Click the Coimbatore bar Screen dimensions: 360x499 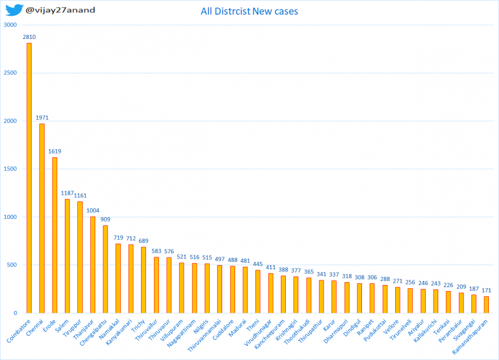point(29,178)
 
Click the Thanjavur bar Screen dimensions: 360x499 point(92,265)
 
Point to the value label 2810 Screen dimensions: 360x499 point(29,37)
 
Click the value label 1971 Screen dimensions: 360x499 point(42,118)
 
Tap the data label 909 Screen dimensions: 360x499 point(105,219)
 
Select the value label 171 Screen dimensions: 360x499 point(486,290)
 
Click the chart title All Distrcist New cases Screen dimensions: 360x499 point(249,11)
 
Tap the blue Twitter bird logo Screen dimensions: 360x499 point(14,10)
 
